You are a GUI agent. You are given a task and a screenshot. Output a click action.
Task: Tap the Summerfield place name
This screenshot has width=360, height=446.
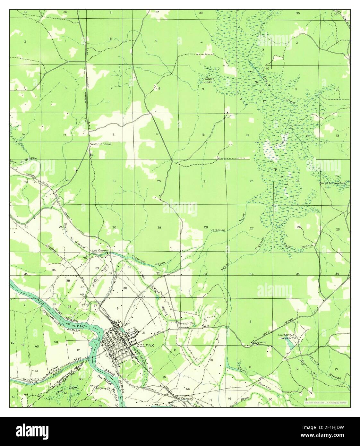click(x=100, y=144)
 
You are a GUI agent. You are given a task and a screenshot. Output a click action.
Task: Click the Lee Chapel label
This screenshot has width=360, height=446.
click(x=100, y=251)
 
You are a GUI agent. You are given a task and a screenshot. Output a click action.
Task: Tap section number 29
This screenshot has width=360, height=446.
click(x=159, y=227)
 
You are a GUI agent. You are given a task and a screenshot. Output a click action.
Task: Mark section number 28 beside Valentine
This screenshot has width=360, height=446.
click(x=206, y=227)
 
